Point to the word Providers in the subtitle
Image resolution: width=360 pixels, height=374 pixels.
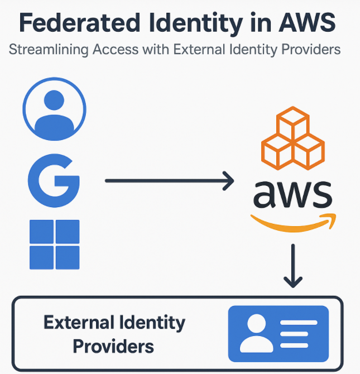click(310, 50)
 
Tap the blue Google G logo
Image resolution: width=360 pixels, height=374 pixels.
click(54, 179)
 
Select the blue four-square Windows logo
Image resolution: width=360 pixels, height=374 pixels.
click(54, 244)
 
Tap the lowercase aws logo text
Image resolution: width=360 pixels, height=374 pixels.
click(292, 193)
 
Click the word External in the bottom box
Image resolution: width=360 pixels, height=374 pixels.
click(77, 323)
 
